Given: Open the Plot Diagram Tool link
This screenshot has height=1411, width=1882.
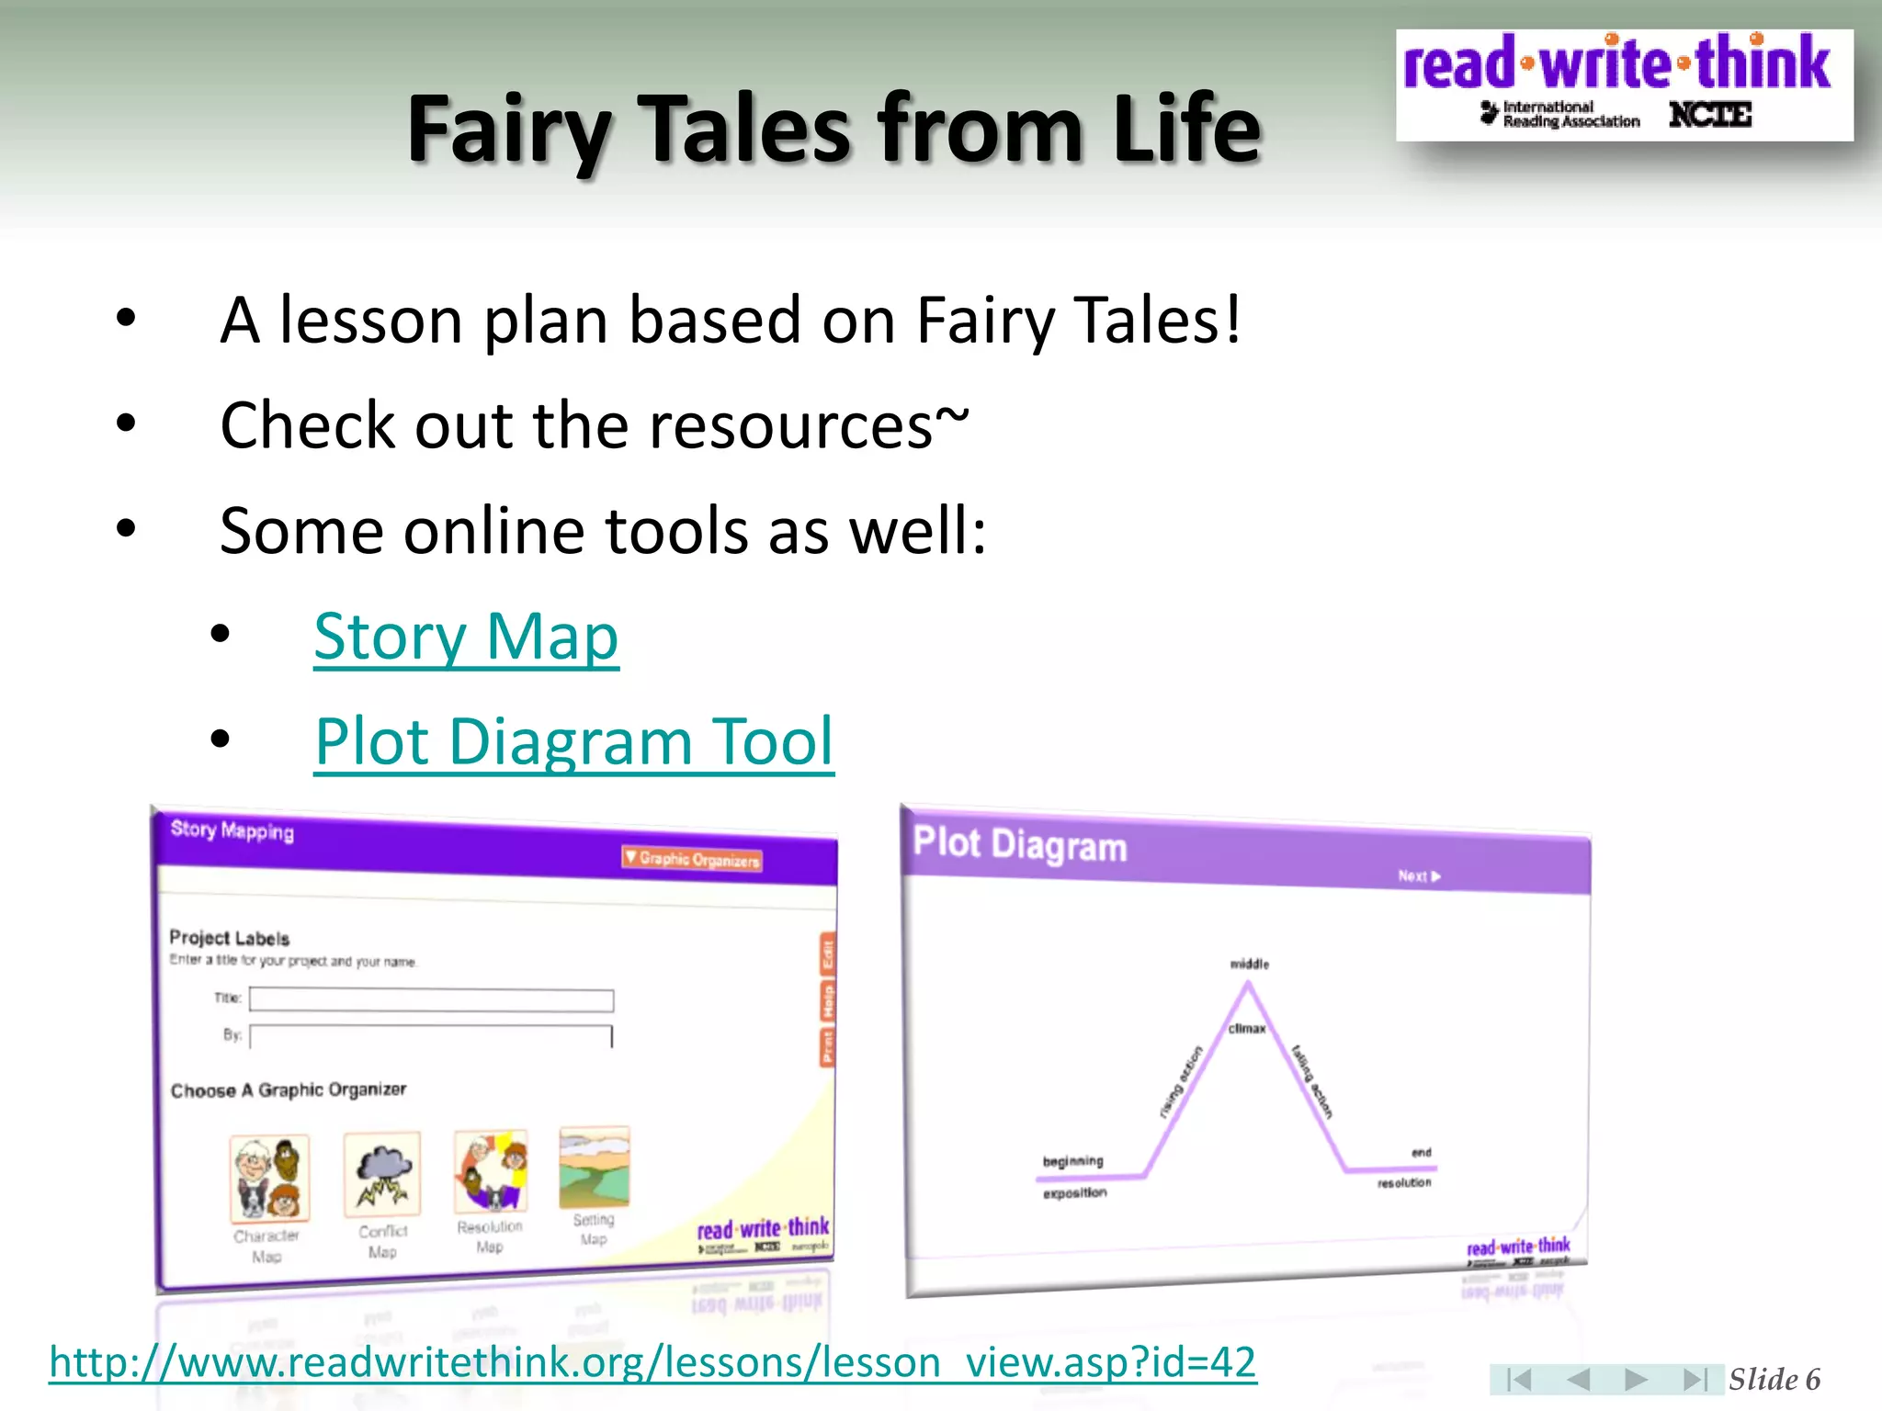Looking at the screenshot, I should click(x=573, y=740).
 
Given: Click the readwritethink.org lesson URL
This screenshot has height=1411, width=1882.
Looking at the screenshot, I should click(x=652, y=1361).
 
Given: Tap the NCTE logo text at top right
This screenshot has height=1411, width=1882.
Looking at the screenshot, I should click(x=1709, y=115).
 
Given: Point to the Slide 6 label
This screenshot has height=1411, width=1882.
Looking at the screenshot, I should click(x=1774, y=1379).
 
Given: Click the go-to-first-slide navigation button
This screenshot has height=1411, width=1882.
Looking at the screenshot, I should click(x=1518, y=1379).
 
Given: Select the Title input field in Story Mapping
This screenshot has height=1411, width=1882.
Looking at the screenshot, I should click(x=431, y=999).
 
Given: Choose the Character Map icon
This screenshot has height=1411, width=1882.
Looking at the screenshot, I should click(x=269, y=1178).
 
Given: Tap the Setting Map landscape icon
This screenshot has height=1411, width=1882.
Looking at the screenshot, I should click(x=595, y=1168).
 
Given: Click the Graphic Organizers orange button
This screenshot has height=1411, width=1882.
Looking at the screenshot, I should click(x=693, y=859).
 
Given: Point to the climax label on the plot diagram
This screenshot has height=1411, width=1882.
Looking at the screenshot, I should click(x=1247, y=1028).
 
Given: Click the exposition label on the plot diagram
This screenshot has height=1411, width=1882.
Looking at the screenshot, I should click(x=1074, y=1192).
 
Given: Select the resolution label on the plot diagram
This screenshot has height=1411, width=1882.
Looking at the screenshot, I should click(x=1403, y=1182).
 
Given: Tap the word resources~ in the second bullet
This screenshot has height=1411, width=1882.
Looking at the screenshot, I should click(x=809, y=426).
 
